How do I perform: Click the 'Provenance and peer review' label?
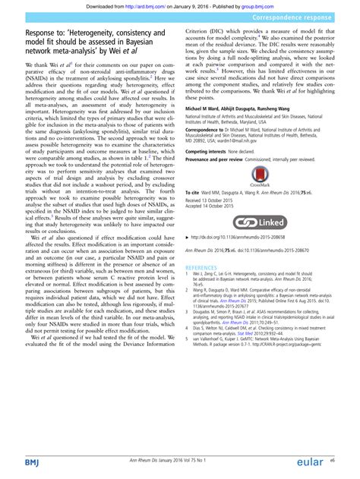click(219, 159)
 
